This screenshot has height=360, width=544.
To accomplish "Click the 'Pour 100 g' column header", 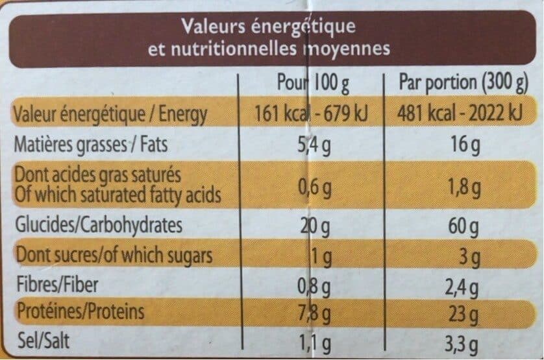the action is click(x=313, y=83).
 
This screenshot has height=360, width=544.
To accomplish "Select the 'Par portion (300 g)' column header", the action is click(x=464, y=84).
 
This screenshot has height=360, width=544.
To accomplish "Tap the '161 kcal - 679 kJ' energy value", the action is click(x=311, y=114).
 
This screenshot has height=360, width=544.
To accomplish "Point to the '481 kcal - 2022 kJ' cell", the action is click(x=460, y=114).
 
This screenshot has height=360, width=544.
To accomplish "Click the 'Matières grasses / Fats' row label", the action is click(x=90, y=145).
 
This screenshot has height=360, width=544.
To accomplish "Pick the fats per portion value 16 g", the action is click(x=465, y=145).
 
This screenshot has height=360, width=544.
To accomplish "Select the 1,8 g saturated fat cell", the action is click(x=464, y=188).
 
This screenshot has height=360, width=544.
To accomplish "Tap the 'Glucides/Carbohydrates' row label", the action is click(x=99, y=226).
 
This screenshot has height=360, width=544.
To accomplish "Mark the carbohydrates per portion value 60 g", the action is click(x=464, y=227).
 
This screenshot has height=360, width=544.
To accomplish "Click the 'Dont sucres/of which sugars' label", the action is click(x=114, y=256).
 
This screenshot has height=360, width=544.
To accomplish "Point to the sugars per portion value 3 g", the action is click(x=469, y=258).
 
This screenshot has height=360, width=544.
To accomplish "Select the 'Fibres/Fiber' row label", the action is click(x=58, y=284).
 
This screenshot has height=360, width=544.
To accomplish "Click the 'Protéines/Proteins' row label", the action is click(x=80, y=311).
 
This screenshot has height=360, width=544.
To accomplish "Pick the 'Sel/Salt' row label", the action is click(x=43, y=341).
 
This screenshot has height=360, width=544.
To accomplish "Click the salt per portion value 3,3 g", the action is click(x=462, y=344).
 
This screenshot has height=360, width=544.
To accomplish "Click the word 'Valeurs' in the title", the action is click(x=214, y=27).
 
